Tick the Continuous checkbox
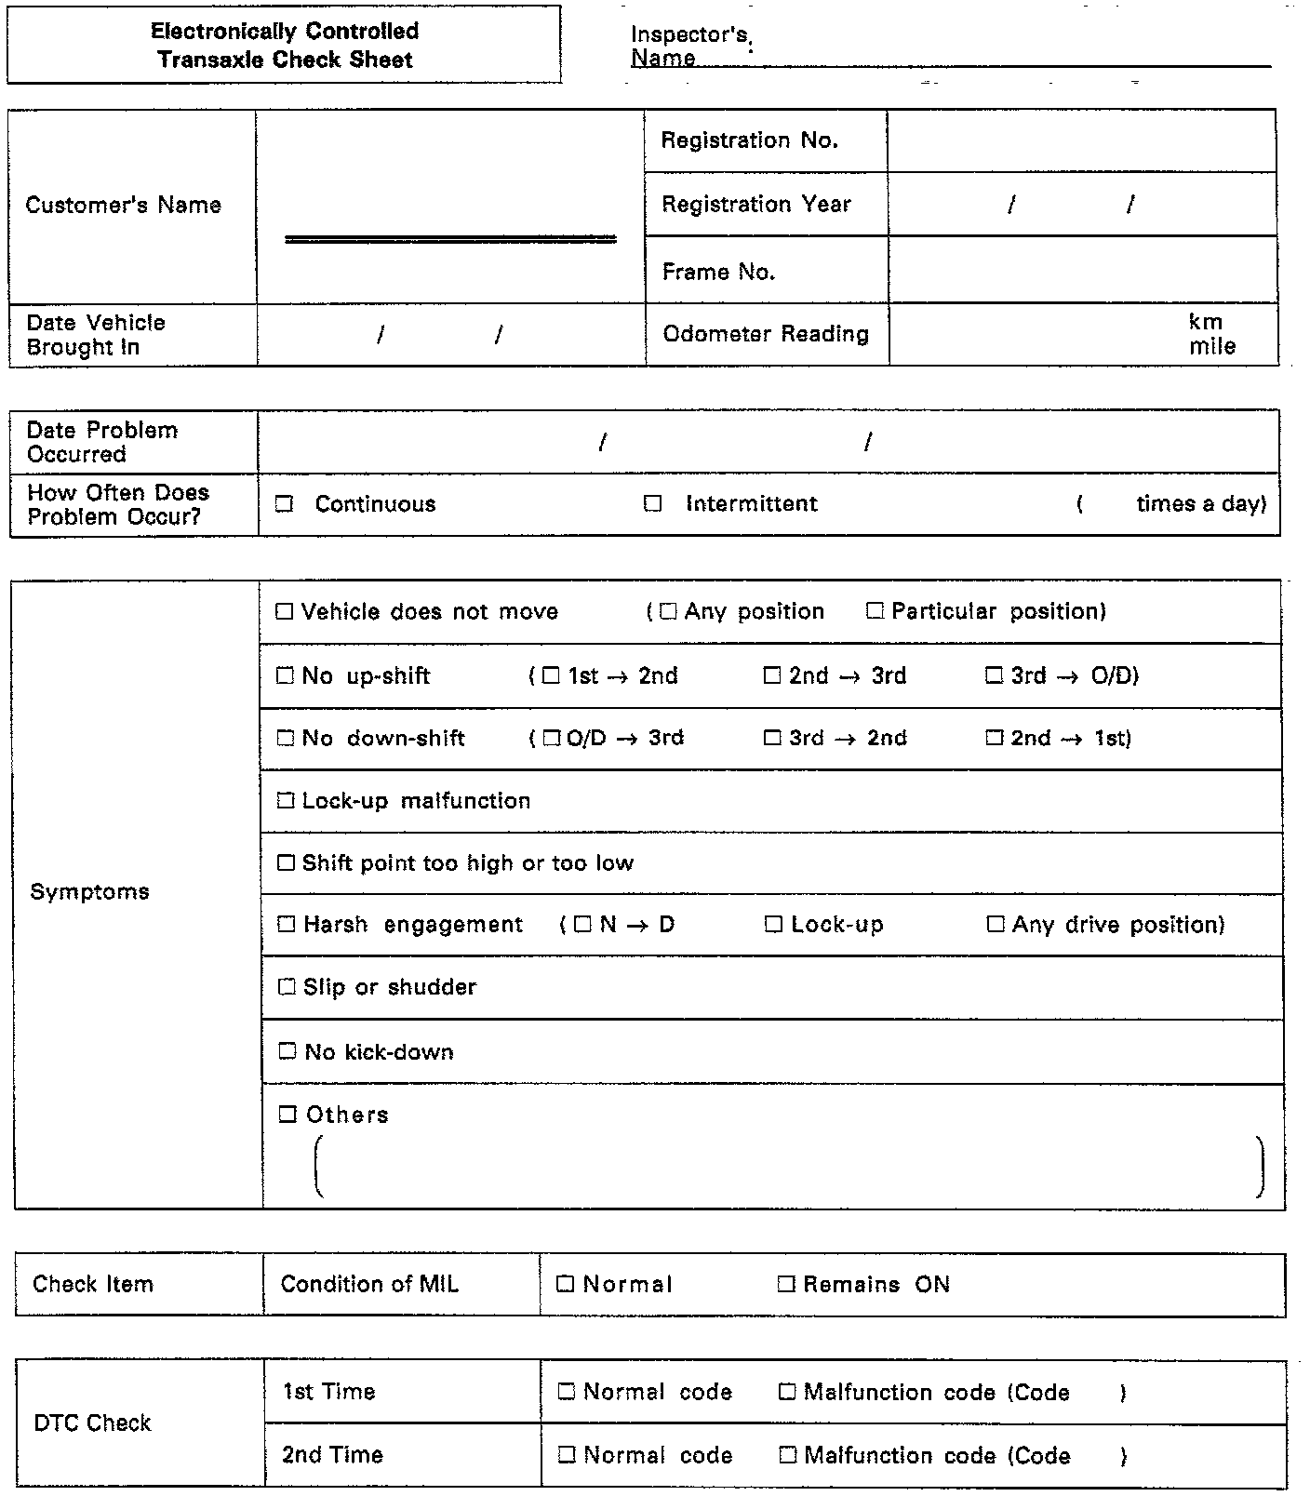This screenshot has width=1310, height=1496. [285, 504]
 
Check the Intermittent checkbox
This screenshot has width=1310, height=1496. [653, 503]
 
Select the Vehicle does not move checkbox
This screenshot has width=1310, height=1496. [285, 611]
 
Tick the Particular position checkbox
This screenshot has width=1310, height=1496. [875, 610]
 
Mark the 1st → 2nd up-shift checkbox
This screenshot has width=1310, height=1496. [552, 675]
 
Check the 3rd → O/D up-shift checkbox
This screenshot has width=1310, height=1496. [995, 675]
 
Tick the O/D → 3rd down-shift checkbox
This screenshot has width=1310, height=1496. [552, 738]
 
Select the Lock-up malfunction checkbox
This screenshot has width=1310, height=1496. [286, 800]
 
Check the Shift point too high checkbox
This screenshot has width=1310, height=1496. [287, 862]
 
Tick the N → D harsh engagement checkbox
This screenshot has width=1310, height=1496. [583, 924]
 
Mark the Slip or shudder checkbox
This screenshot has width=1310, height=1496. [287, 986]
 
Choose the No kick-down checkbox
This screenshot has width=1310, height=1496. [287, 1051]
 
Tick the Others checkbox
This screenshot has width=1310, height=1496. [288, 1114]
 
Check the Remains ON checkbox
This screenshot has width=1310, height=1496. [786, 1284]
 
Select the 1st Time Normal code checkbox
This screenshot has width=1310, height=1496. [566, 1392]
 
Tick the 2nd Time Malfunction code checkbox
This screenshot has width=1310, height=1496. [788, 1455]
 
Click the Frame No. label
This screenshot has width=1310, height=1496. [718, 272]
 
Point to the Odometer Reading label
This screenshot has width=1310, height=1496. [766, 334]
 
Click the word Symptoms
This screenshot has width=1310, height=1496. [89, 891]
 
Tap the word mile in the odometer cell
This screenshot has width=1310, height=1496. [1212, 346]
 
